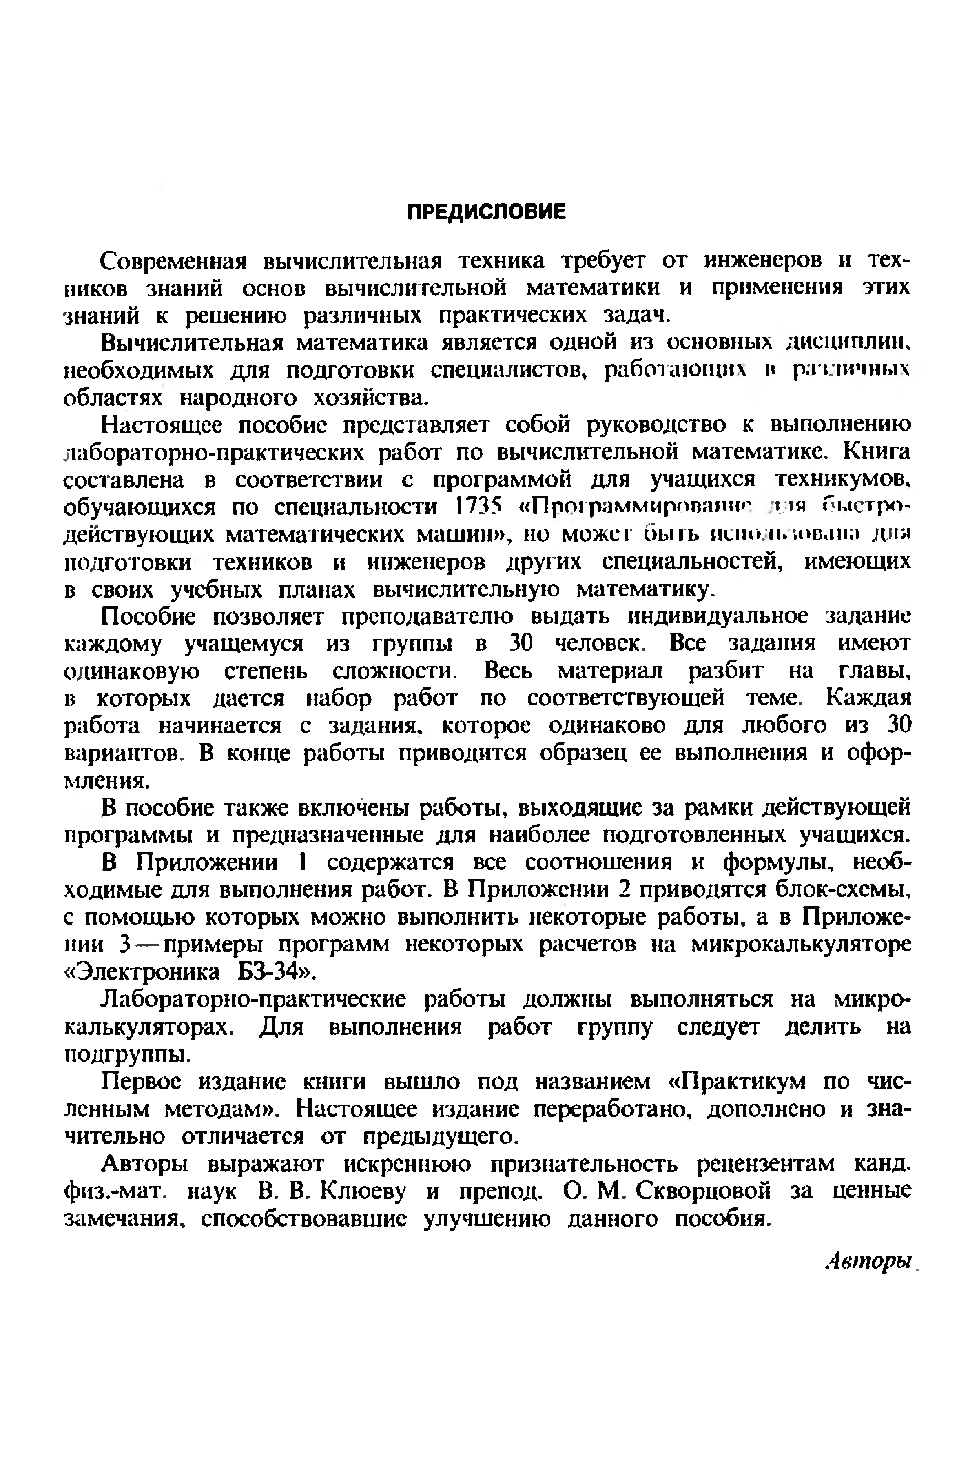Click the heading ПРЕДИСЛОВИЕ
(x=486, y=212)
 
